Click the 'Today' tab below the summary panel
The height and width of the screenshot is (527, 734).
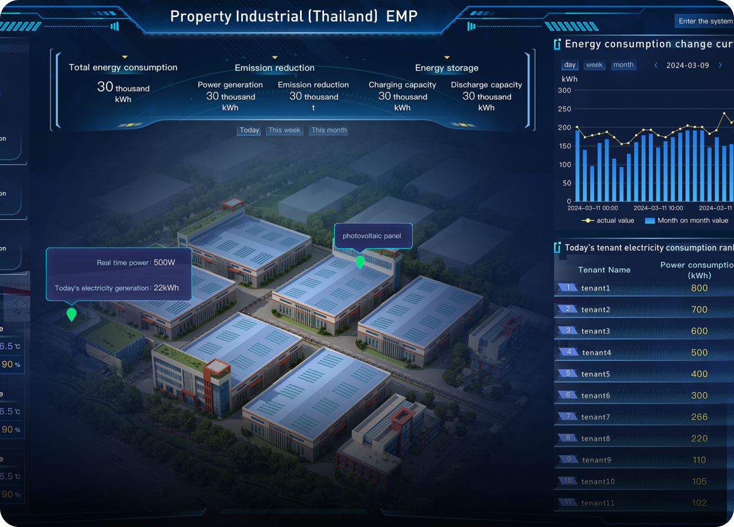pyautogui.click(x=249, y=131)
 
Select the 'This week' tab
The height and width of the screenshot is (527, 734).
pyautogui.click(x=284, y=131)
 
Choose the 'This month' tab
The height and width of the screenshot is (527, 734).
pyautogui.click(x=329, y=131)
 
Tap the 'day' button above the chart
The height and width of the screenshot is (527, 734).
pyautogui.click(x=570, y=65)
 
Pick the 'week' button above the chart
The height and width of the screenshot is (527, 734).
pyautogui.click(x=595, y=65)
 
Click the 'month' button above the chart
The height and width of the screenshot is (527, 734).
pyautogui.click(x=623, y=65)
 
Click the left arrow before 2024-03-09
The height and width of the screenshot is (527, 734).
pyautogui.click(x=656, y=65)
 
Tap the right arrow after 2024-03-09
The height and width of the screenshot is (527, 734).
pyautogui.click(x=720, y=65)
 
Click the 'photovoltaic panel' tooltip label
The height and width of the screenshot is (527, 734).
pyautogui.click(x=372, y=236)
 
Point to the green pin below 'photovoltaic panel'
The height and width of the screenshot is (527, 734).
pyautogui.click(x=360, y=262)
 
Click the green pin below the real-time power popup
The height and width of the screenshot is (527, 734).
pyautogui.click(x=72, y=314)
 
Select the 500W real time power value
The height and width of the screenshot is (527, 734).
pyautogui.click(x=164, y=262)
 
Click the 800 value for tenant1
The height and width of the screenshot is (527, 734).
pyautogui.click(x=699, y=288)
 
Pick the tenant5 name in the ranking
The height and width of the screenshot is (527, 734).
pyautogui.click(x=596, y=374)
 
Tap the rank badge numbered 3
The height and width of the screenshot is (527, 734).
pyautogui.click(x=568, y=331)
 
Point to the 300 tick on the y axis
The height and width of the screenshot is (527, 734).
pyautogui.click(x=565, y=91)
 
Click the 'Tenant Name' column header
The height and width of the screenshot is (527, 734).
pyautogui.click(x=604, y=270)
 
